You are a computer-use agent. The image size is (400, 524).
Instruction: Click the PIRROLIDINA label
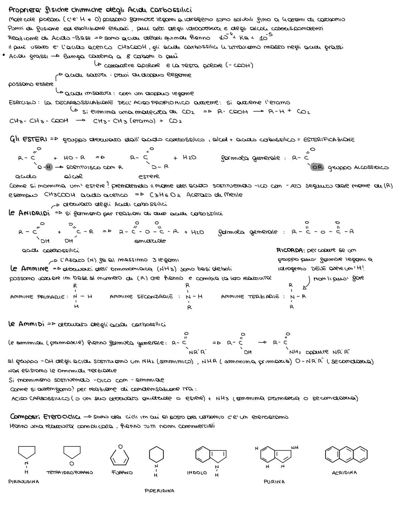(24, 481)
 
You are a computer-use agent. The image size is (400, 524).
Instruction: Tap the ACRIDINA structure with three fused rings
(344, 454)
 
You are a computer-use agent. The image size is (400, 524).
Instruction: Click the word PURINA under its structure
(274, 482)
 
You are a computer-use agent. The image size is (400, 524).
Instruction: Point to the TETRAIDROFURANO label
(70, 472)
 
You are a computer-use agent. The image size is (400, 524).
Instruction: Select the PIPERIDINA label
(159, 491)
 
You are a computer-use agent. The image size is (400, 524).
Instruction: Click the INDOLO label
(197, 473)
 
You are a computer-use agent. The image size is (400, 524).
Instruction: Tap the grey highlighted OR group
(317, 167)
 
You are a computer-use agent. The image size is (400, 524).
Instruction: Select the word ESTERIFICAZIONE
(329, 140)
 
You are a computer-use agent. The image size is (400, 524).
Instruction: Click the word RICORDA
(290, 250)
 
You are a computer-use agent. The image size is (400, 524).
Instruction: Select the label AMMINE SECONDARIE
(141, 297)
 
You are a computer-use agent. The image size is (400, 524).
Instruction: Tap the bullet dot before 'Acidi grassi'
(4, 56)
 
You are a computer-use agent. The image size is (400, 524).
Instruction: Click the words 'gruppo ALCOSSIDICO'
(357, 168)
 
